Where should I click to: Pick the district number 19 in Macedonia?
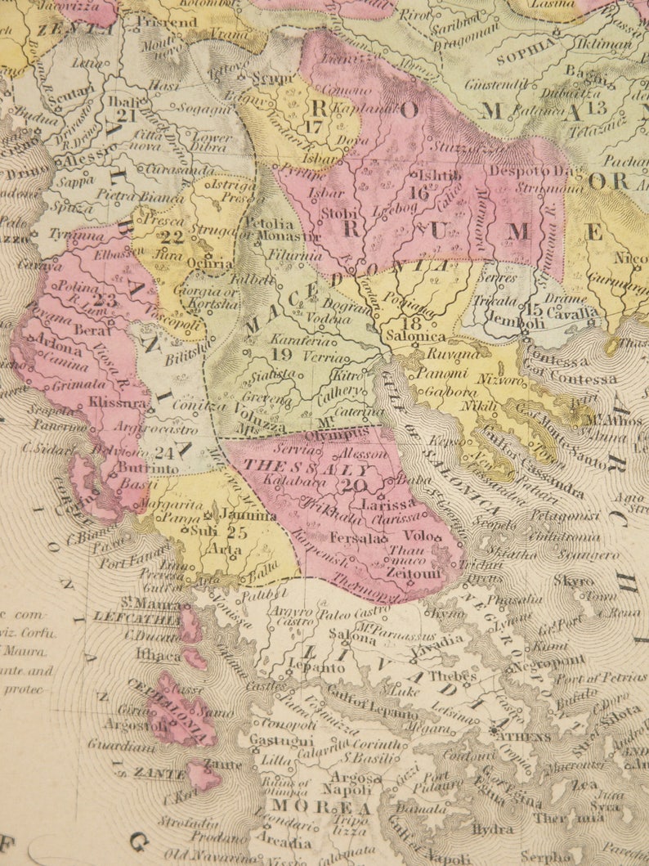pos(282,355)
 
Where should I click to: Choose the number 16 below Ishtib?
pos(420,194)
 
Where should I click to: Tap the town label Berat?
pos(93,330)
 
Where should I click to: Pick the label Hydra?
pos(494,828)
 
